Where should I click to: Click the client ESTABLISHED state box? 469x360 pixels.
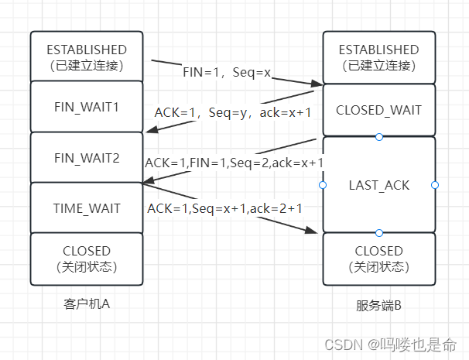[86, 57]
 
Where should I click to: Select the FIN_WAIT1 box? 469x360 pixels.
[86, 106]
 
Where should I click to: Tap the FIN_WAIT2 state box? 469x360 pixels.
[86, 157]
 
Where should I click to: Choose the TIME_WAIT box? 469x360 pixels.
[86, 208]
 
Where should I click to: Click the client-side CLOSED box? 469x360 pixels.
[86, 258]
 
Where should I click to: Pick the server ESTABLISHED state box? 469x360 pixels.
[378, 57]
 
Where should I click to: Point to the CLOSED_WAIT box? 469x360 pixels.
[378, 110]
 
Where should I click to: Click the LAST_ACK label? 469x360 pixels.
[378, 185]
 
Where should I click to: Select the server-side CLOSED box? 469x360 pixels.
[378, 258]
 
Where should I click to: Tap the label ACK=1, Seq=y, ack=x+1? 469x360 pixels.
[233, 112]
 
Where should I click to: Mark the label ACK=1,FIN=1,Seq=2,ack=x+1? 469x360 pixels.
[234, 163]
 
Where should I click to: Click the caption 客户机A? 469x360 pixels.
[86, 303]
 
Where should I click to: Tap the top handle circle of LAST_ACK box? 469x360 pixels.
[378, 137]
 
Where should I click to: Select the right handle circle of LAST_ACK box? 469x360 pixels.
[435, 185]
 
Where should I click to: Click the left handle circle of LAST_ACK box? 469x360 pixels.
[322, 185]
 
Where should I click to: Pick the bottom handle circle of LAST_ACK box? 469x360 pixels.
[378, 232]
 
